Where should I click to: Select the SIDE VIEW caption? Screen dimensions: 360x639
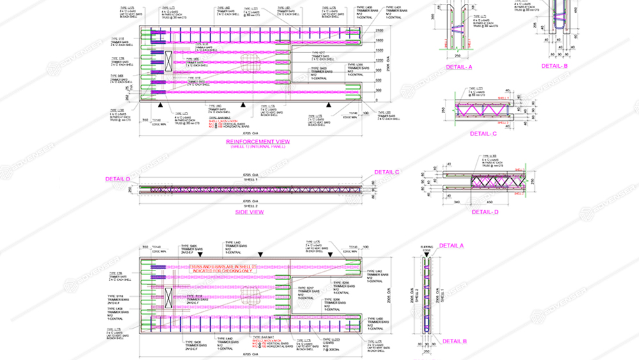click(249, 212)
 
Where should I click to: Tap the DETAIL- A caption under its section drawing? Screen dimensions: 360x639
click(459, 67)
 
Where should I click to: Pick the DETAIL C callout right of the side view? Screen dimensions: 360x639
click(387, 172)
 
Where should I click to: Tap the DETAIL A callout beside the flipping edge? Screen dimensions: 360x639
click(452, 246)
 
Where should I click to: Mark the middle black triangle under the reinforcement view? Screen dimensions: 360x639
click(243, 105)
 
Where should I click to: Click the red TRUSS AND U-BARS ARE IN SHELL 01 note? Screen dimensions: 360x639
click(222, 268)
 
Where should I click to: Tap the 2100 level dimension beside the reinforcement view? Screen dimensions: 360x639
click(380, 31)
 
